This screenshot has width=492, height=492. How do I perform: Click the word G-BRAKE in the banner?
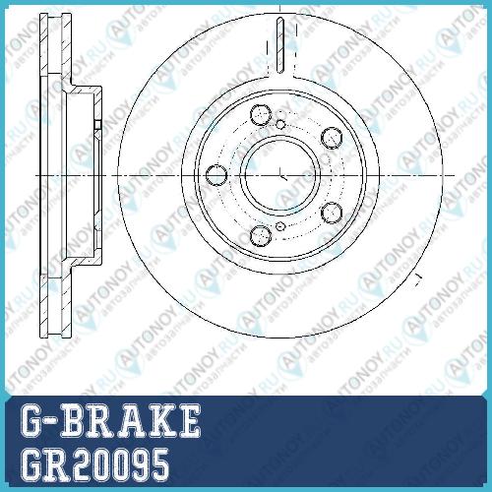point(110,420)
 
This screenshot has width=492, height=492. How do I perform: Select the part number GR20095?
point(94,464)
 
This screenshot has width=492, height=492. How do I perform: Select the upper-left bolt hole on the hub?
point(261,115)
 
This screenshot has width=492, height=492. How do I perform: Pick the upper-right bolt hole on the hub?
point(332,138)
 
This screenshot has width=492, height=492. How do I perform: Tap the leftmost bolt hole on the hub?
point(216,175)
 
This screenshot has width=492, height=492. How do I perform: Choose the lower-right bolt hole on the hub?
point(332,213)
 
